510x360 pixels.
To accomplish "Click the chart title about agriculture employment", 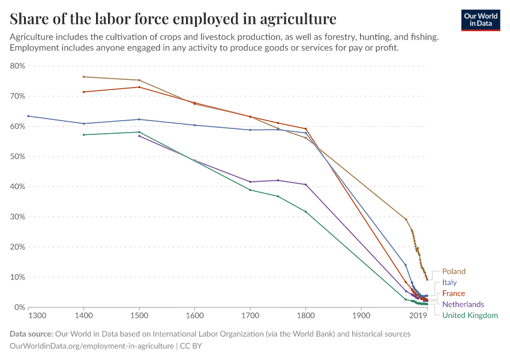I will pyautogui.click(x=173, y=18).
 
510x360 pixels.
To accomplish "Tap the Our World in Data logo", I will pyautogui.click(x=480, y=20).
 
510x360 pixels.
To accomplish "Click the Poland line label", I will pyautogui.click(x=454, y=271).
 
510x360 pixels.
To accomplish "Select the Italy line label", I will pyautogui.click(x=449, y=282).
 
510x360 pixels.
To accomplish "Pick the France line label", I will pyautogui.click(x=454, y=293).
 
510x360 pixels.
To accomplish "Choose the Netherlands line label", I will pyautogui.click(x=463, y=304).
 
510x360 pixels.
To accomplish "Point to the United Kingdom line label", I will pyautogui.click(x=469, y=315).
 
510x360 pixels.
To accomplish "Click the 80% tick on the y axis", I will pyautogui.click(x=17, y=66).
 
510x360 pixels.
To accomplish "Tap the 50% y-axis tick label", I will pyautogui.click(x=17, y=157).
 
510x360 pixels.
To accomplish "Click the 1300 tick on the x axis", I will pyautogui.click(x=37, y=316).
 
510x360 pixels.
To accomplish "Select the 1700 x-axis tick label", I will pyautogui.click(x=250, y=316).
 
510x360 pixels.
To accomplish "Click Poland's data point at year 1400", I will pyautogui.click(x=84, y=77).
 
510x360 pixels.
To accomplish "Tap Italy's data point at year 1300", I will pyautogui.click(x=28, y=116).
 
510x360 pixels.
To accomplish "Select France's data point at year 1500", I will pyautogui.click(x=139, y=87).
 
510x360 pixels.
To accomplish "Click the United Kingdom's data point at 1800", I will pyautogui.click(x=305, y=211).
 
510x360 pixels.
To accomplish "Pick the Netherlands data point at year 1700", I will pyautogui.click(x=250, y=182).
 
